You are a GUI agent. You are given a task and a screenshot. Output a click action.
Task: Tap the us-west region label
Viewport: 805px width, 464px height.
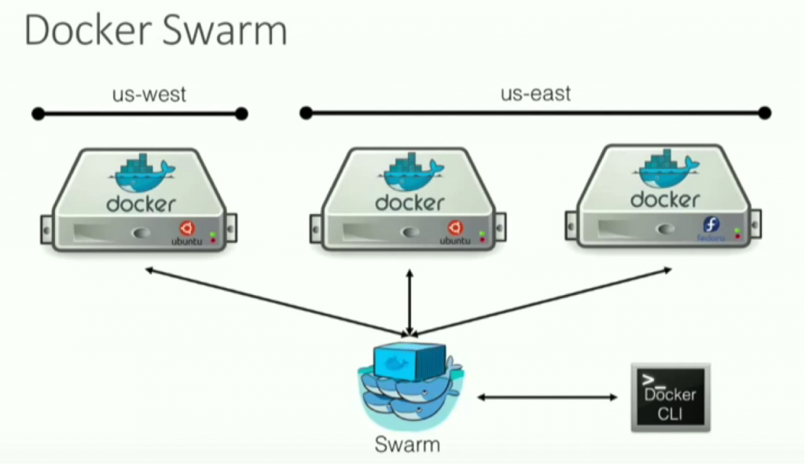pyautogui.click(x=149, y=94)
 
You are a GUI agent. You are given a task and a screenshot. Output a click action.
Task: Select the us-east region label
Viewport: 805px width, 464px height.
pyautogui.click(x=535, y=94)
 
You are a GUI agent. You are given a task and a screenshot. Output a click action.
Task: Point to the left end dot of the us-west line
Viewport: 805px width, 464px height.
pyautogui.click(x=38, y=114)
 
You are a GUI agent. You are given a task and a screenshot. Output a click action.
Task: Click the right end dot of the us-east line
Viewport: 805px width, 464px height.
pyautogui.click(x=765, y=114)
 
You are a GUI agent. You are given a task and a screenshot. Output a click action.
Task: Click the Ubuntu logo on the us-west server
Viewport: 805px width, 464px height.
pyautogui.click(x=187, y=228)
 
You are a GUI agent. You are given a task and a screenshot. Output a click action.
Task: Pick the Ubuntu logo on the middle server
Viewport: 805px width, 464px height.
pyautogui.click(x=454, y=228)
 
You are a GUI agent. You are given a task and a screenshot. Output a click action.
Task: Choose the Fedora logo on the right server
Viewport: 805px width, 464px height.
pyautogui.click(x=711, y=225)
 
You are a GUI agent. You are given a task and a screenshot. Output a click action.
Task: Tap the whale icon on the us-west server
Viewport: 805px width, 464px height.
pyautogui.click(x=143, y=174)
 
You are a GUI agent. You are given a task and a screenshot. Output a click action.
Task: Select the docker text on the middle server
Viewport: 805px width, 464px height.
pyautogui.click(x=410, y=202)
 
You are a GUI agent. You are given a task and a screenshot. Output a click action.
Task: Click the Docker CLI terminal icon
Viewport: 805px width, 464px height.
pyautogui.click(x=670, y=396)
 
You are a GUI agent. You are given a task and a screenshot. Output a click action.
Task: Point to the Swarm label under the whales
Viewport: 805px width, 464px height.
pyautogui.click(x=407, y=444)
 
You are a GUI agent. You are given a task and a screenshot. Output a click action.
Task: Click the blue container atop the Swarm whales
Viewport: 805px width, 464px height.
pyautogui.click(x=410, y=362)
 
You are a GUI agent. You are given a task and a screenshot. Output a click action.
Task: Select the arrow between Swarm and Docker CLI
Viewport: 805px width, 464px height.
pyautogui.click(x=547, y=397)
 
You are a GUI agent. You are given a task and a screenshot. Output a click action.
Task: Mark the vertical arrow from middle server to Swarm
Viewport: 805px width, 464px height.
pyautogui.click(x=409, y=303)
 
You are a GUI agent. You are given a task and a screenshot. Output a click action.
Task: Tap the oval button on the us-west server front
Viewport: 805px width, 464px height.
pyautogui.click(x=142, y=234)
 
